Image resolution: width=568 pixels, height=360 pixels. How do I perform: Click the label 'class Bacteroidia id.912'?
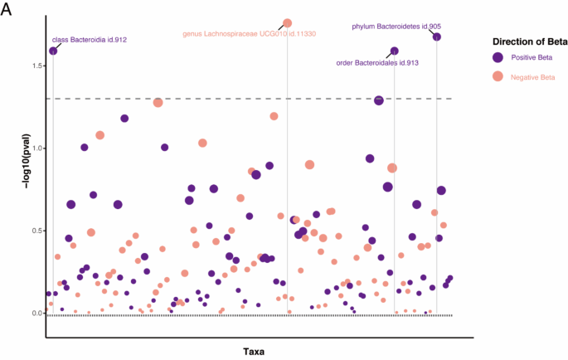tap(89, 39)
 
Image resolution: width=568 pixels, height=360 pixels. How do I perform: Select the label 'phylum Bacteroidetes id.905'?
tap(396, 27)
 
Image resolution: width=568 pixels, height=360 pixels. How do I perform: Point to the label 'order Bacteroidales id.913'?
tap(376, 62)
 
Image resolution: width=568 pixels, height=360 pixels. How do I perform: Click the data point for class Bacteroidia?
tap(53, 51)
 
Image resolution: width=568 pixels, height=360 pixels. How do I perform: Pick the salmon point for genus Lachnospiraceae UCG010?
tap(288, 23)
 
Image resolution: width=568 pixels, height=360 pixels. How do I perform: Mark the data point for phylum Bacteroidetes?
tap(437, 36)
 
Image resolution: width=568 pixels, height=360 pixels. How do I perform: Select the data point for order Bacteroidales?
tap(395, 51)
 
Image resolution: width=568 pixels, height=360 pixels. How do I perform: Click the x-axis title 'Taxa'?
tap(254, 352)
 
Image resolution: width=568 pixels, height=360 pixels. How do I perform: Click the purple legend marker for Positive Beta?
tap(498, 57)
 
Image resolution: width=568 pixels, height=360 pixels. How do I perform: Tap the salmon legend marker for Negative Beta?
tap(498, 76)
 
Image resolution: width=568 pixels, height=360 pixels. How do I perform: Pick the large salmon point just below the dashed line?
tap(158, 102)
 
